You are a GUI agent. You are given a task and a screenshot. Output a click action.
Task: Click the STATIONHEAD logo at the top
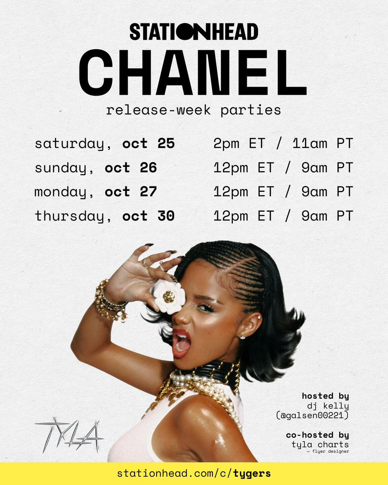coord(194,32)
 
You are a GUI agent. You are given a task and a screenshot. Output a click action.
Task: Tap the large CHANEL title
coord(192,72)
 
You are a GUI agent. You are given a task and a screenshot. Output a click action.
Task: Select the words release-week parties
coord(193,110)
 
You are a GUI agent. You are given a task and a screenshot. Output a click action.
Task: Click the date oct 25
coord(148,143)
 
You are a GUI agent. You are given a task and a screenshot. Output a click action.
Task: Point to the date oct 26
coord(131,168)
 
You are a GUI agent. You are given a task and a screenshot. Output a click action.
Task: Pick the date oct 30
coord(148,216)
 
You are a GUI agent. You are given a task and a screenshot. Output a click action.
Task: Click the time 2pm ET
coord(240,143)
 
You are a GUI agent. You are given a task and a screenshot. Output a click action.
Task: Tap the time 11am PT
coord(322,143)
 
